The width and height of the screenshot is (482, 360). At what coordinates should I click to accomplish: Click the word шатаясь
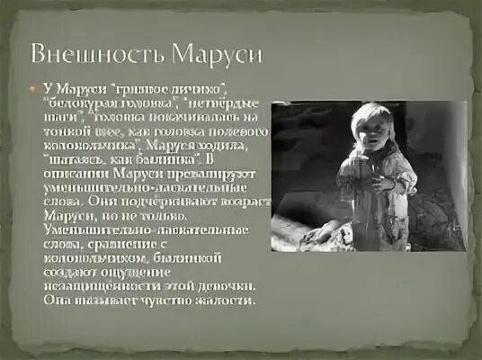coord(73,158)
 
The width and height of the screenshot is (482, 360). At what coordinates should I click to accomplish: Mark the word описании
coord(73,173)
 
